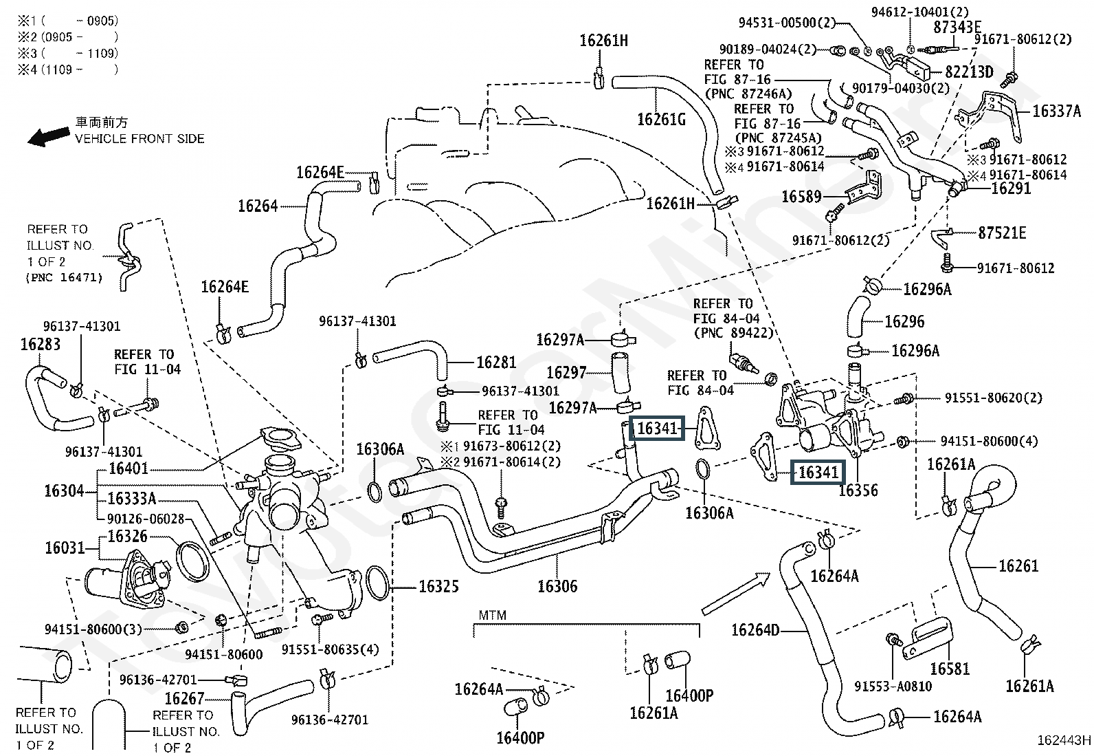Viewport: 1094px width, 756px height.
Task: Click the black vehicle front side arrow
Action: click(x=48, y=136)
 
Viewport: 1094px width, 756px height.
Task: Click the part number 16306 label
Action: click(x=557, y=586)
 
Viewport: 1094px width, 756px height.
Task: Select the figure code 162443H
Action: click(x=1064, y=740)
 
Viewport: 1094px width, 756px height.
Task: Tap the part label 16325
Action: click(x=438, y=586)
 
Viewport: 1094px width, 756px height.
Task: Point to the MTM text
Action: click(x=492, y=615)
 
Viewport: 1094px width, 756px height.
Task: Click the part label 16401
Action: click(x=129, y=468)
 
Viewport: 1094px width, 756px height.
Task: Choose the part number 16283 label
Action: click(x=41, y=344)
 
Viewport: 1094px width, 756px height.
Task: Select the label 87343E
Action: click(x=957, y=27)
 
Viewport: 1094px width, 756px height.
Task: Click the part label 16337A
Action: click(x=1056, y=111)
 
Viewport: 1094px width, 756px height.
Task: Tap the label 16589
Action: click(x=801, y=197)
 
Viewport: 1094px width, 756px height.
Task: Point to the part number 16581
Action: click(x=950, y=669)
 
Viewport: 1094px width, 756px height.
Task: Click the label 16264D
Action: click(x=755, y=630)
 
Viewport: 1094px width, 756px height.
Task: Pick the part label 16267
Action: click(x=184, y=698)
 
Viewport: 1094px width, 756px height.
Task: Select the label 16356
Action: click(x=858, y=490)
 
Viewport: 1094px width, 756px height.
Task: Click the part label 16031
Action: click(x=65, y=548)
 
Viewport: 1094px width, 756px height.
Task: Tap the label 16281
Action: click(x=496, y=363)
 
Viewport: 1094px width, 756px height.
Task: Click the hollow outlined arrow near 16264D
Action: click(x=736, y=594)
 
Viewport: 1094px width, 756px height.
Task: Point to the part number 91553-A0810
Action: click(x=893, y=686)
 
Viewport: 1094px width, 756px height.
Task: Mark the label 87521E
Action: click(x=1002, y=233)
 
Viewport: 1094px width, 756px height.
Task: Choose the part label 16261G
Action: click(x=661, y=119)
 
